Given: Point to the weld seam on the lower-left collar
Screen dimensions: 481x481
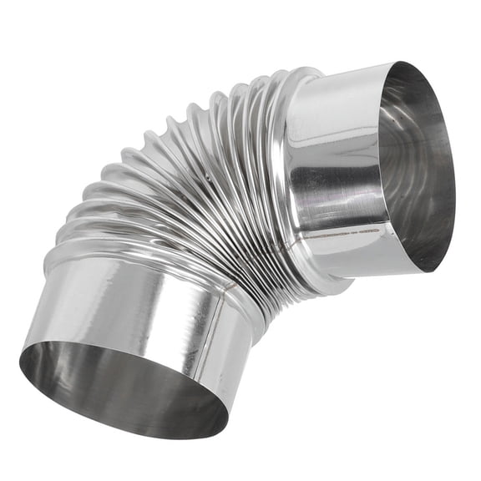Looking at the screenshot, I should point(220,334).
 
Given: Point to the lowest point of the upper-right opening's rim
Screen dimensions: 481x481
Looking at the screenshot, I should point(435,272).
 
